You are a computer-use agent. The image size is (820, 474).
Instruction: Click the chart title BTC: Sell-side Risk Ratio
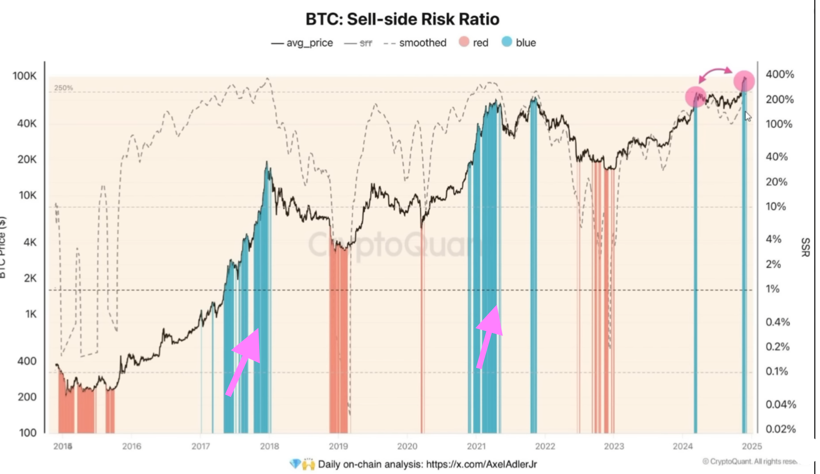(402, 19)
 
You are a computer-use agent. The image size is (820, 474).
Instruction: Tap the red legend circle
(464, 42)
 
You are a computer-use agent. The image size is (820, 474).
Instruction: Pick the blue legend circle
(506, 42)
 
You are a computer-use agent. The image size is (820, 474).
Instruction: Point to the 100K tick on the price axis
(24, 76)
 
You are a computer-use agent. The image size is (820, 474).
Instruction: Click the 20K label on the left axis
(27, 159)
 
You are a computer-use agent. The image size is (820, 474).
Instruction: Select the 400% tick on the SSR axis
(780, 74)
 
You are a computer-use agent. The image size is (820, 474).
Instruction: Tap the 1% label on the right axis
(773, 289)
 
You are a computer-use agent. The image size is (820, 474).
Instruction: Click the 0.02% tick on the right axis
(781, 429)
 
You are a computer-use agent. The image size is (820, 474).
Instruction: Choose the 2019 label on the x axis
(338, 446)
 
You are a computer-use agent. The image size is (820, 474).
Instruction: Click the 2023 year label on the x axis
(614, 446)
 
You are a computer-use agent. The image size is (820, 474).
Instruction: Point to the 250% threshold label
(63, 88)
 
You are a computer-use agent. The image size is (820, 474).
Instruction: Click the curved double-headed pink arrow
(715, 73)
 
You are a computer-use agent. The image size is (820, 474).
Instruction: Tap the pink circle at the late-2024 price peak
(744, 81)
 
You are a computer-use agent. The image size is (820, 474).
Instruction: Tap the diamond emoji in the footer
(295, 464)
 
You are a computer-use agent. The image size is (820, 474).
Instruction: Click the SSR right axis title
(805, 247)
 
